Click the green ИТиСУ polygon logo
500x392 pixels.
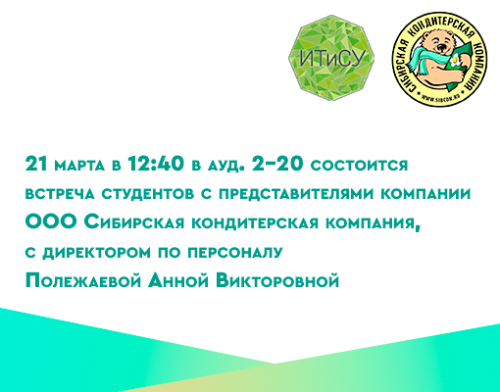(x=331, y=58)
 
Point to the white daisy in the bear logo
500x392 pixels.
(x=454, y=61)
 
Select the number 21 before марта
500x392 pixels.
(x=36, y=164)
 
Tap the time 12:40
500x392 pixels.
(x=156, y=164)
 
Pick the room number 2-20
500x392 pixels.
(x=277, y=164)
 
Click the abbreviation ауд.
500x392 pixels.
(x=225, y=166)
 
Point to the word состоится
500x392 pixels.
(x=359, y=166)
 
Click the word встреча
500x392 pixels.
(x=60, y=194)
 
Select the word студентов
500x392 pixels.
(x=147, y=194)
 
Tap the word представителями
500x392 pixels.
(x=296, y=194)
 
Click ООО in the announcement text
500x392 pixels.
(x=50, y=222)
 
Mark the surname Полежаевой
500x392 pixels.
(x=83, y=281)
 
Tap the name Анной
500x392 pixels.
(x=178, y=281)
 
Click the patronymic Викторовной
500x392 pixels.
(x=277, y=281)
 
